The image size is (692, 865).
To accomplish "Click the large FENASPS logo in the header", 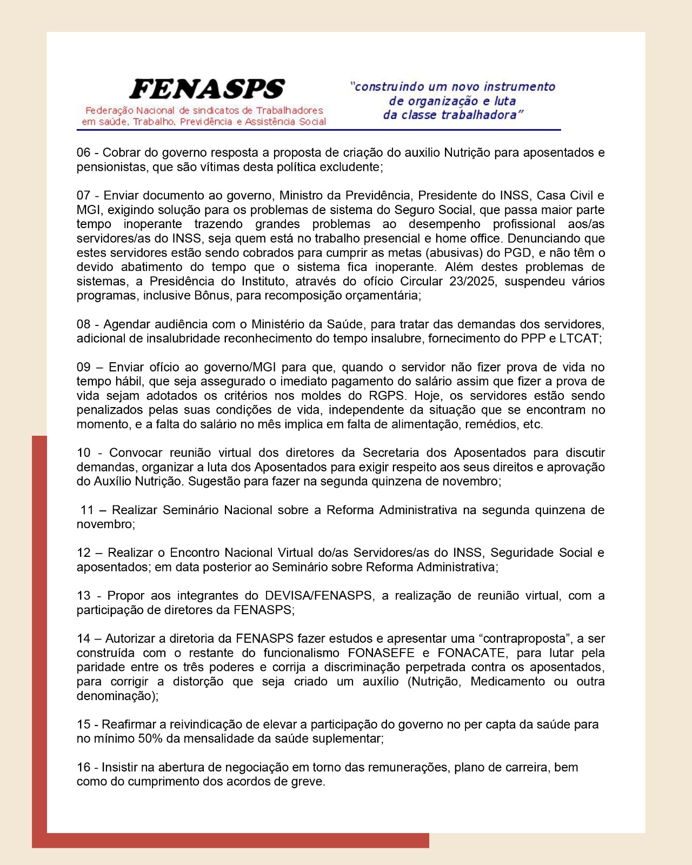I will (207, 89).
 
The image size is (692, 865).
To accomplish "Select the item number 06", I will (83, 153).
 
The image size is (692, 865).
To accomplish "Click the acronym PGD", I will (517, 252).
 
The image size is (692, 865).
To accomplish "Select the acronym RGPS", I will (387, 396).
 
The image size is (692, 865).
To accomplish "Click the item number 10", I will (83, 453).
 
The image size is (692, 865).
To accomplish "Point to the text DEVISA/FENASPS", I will (318, 596).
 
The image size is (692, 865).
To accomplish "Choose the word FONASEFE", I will (381, 653).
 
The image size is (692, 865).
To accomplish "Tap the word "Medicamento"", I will (507, 682).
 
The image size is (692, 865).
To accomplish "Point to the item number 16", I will (83, 768).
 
